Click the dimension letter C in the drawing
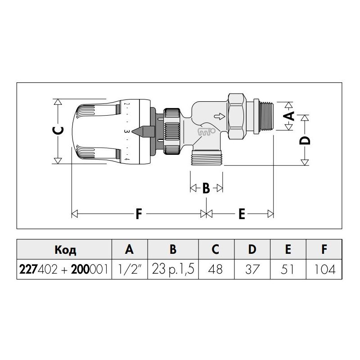58,131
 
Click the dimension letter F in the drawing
139,214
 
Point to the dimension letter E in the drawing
242,214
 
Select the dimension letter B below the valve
206,188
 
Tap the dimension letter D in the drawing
305,140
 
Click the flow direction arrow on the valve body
220,117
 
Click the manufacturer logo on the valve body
207,131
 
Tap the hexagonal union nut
236,117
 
